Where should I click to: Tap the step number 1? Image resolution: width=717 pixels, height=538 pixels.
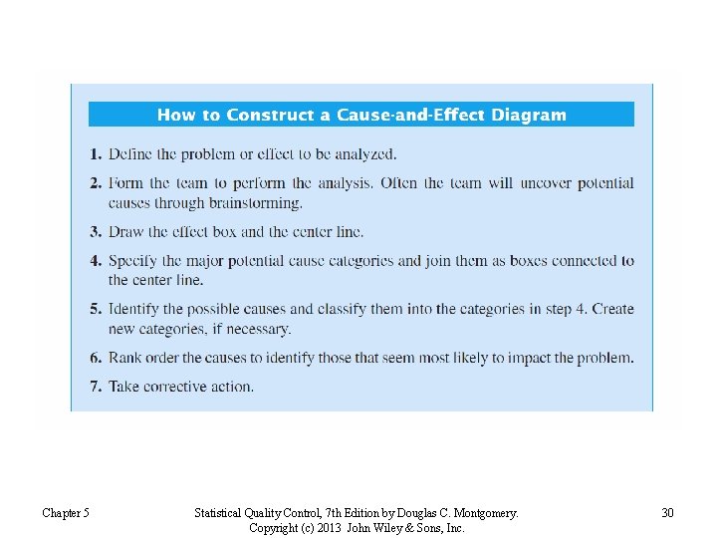coord(95,154)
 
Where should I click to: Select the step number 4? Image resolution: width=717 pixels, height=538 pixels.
coord(95,261)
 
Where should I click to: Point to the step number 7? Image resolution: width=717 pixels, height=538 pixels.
coord(95,387)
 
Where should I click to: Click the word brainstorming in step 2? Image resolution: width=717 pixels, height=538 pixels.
coord(256,203)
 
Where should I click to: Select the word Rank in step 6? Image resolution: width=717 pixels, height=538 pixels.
coord(125,358)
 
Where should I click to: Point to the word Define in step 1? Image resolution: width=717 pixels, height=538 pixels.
coord(130,154)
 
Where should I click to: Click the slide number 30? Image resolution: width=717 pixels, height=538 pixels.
coord(667,513)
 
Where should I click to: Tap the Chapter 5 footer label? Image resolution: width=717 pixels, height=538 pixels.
coord(66,513)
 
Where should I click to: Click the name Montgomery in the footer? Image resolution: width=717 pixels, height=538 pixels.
coord(482,513)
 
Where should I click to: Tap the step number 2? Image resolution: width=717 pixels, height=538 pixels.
coord(95,183)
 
